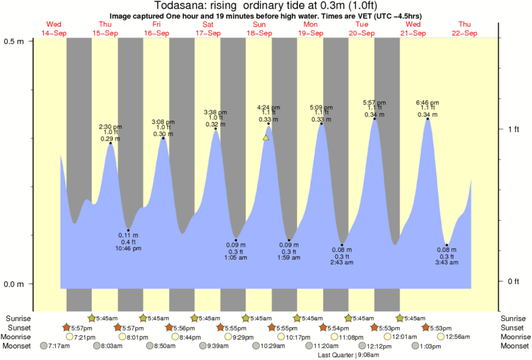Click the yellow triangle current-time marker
[266, 137]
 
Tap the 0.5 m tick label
[14, 41]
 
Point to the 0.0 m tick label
[14, 284]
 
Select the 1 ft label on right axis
[513, 129]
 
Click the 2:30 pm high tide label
[110, 127]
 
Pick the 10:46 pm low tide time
[128, 248]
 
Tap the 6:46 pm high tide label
[427, 102]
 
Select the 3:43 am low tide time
[446, 262]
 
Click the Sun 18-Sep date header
[259, 29]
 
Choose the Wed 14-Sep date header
[54, 29]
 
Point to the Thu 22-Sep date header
[465, 29]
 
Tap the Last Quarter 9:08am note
[347, 355]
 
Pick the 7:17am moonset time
[58, 346]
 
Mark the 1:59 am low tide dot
[288, 240]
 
